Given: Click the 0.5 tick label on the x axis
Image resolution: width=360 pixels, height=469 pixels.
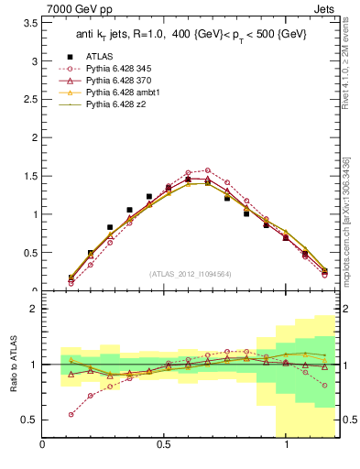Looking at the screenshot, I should point(164,445).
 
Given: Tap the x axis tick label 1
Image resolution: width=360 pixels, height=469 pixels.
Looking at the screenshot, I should point(288,445).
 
